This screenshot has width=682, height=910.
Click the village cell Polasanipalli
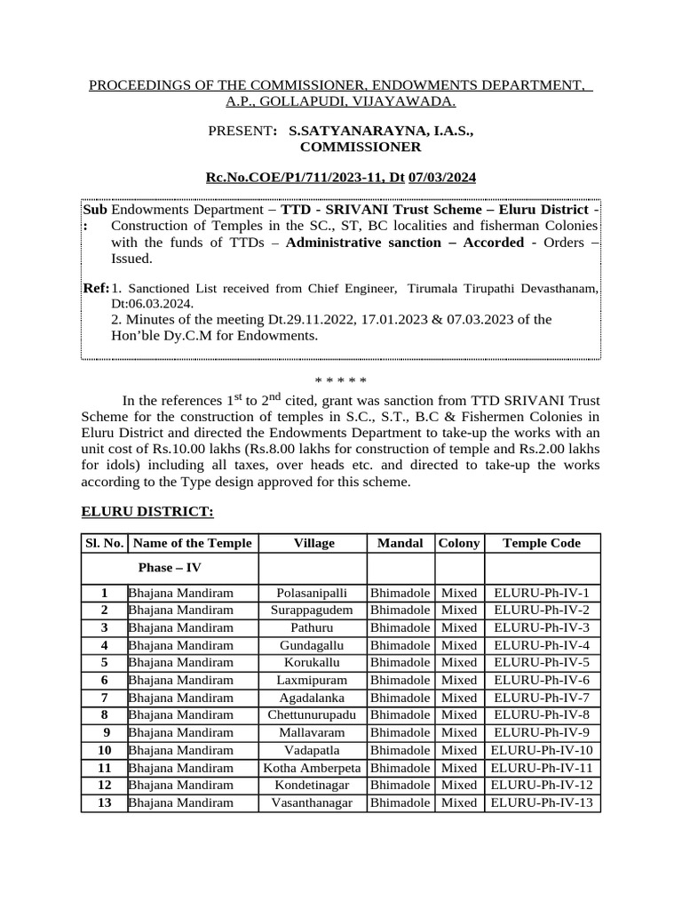(x=313, y=593)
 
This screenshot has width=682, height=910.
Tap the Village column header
(x=313, y=543)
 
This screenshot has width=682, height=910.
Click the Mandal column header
(x=400, y=543)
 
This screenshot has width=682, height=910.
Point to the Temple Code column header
(x=542, y=543)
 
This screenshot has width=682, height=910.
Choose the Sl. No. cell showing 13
(x=105, y=802)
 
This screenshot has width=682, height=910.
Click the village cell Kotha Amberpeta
(x=313, y=768)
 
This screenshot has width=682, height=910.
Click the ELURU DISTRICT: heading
(x=147, y=512)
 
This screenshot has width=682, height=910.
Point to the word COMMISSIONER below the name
(x=360, y=147)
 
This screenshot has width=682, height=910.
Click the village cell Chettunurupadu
(x=313, y=715)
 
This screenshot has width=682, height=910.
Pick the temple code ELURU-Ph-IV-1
(x=542, y=593)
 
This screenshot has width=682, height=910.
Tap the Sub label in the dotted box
(x=94, y=210)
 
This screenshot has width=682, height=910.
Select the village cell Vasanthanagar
(x=313, y=802)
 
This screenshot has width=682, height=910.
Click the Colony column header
(x=459, y=543)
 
